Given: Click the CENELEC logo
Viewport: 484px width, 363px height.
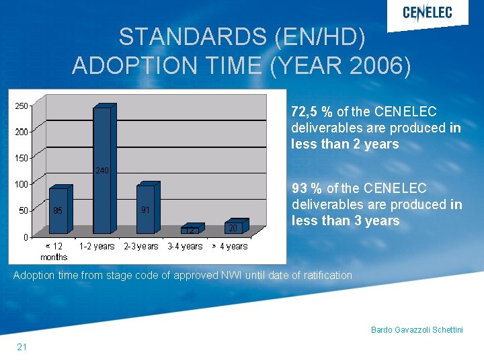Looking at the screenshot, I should (x=427, y=13).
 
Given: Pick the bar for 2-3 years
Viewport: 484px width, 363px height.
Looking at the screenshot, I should (x=145, y=210).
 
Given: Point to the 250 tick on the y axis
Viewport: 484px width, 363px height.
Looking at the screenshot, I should (x=21, y=106).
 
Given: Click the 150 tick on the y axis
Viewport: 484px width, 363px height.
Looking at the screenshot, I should (x=21, y=158).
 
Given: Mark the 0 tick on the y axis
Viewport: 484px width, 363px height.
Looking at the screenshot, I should (x=24, y=237).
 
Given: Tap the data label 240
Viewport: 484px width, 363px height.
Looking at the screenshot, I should (x=102, y=171).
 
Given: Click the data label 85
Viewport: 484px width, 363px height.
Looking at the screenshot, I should (x=58, y=210).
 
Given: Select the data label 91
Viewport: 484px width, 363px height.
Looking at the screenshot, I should (x=145, y=209).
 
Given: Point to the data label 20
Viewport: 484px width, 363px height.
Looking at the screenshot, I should (x=233, y=228).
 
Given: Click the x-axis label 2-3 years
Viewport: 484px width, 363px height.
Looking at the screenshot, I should (x=141, y=247).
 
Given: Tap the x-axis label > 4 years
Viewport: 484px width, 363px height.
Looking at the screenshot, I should (x=230, y=247).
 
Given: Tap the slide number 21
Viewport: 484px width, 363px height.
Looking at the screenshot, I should (x=22, y=347).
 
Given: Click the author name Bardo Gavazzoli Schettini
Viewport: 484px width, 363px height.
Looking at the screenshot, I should (x=417, y=329).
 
